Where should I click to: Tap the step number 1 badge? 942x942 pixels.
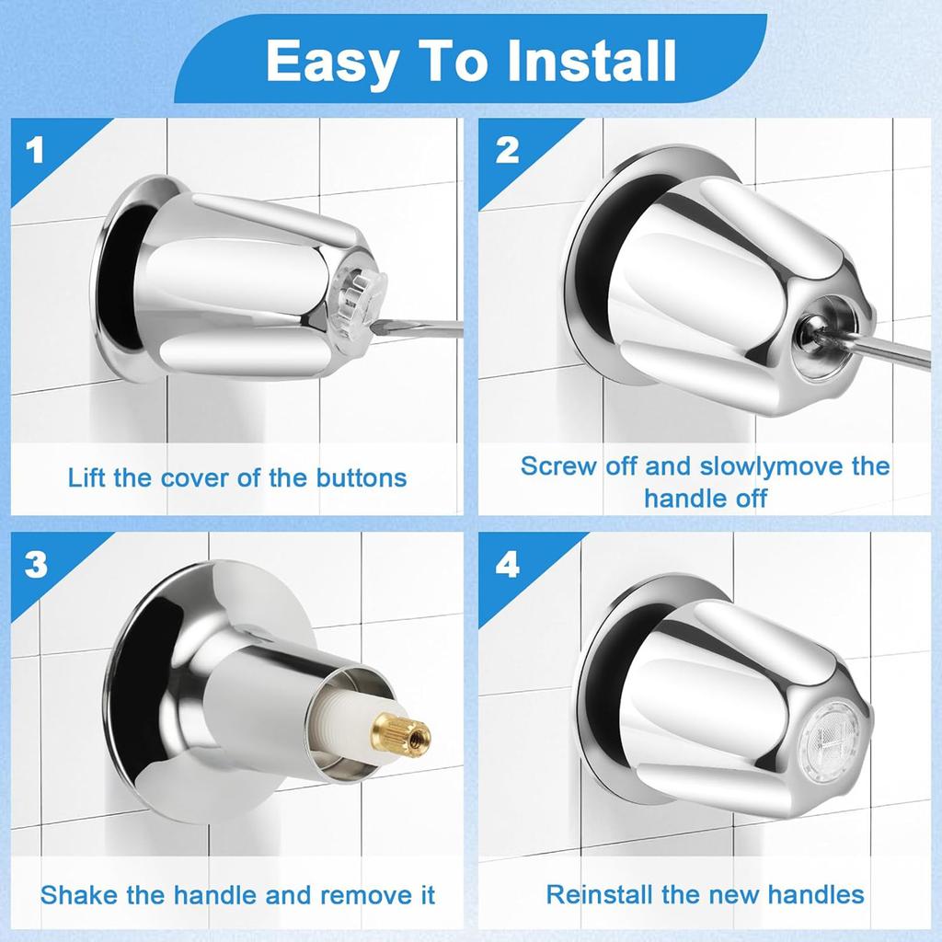click(35, 150)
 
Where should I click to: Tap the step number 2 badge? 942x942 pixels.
click(507, 150)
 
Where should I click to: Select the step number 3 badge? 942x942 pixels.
click(36, 564)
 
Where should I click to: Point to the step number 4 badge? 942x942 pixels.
click(507, 564)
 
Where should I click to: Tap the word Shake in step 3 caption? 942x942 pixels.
click(78, 894)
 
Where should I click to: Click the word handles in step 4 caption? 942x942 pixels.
click(815, 894)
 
